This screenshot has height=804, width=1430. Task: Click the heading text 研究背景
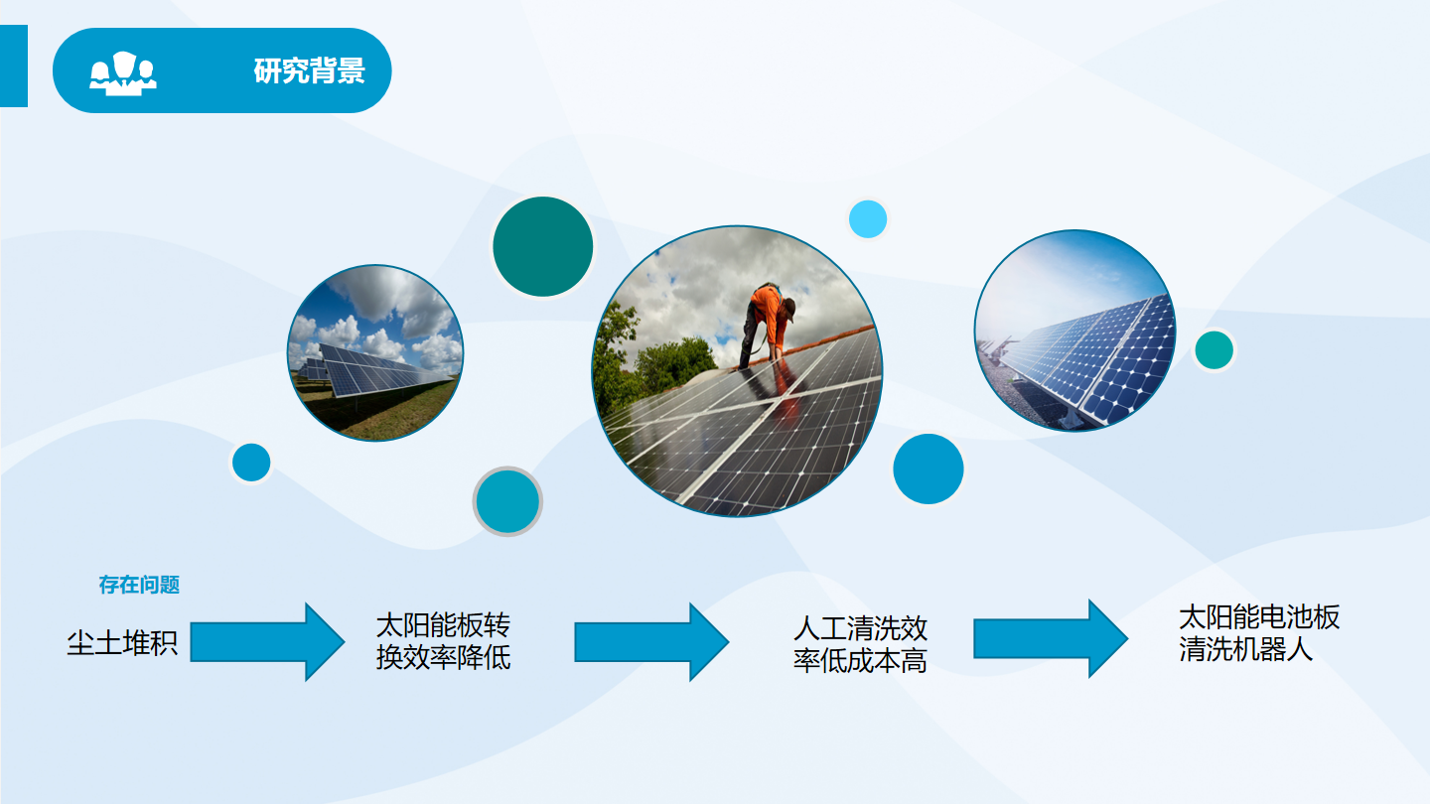click(310, 70)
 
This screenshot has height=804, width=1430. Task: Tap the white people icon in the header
click(122, 73)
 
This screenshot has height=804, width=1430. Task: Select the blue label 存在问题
click(139, 585)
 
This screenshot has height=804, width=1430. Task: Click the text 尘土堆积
click(122, 642)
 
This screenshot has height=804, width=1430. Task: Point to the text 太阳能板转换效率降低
click(443, 641)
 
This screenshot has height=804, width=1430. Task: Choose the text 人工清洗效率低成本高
click(860, 644)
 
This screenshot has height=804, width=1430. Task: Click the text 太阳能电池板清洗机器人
click(1259, 633)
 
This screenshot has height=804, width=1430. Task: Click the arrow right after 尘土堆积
click(267, 642)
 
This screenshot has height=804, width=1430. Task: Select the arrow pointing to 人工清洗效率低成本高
click(651, 642)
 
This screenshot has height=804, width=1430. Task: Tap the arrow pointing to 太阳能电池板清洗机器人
click(1051, 638)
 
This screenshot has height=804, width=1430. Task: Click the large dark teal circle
click(542, 246)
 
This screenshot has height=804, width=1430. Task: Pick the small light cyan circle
click(868, 218)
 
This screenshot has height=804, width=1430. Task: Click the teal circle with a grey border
click(507, 501)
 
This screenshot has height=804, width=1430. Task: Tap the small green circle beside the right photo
click(1214, 349)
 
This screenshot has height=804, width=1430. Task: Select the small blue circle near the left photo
click(251, 462)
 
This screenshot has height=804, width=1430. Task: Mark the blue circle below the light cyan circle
click(928, 469)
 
